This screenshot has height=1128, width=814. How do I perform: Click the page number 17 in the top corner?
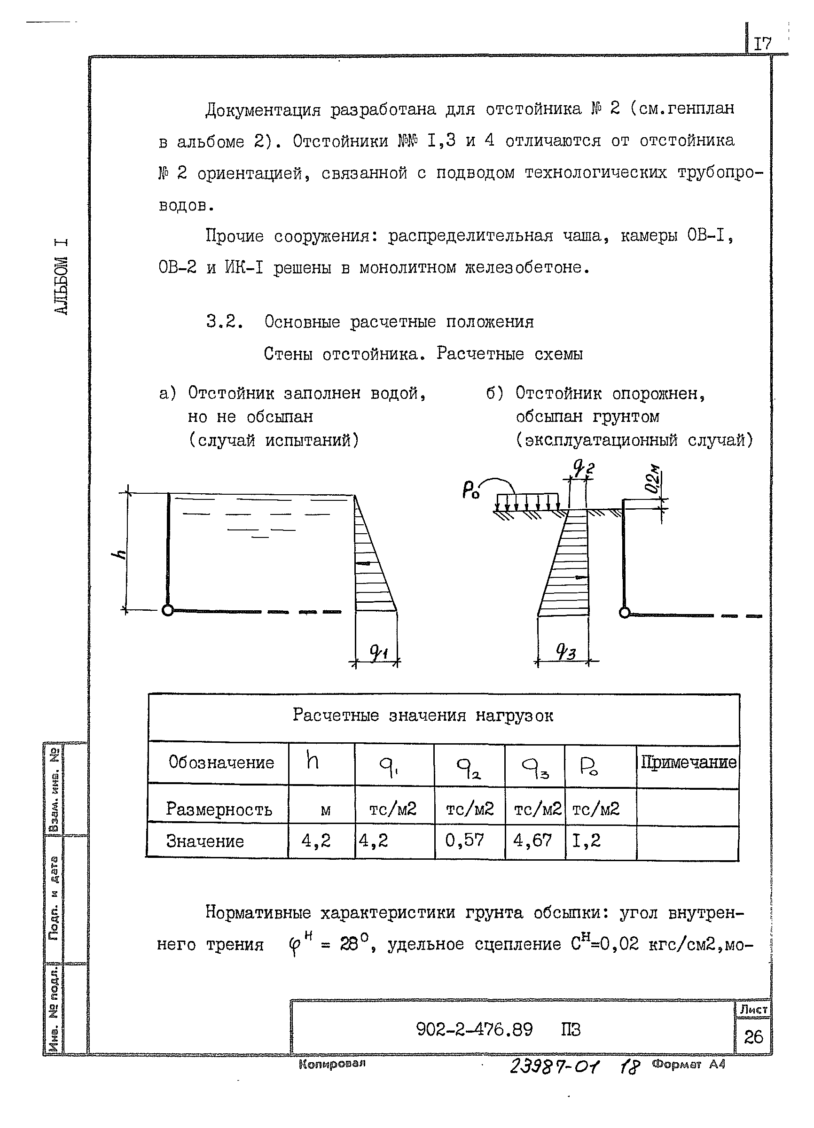pyautogui.click(x=762, y=44)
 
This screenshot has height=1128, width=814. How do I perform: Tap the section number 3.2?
pyautogui.click(x=224, y=322)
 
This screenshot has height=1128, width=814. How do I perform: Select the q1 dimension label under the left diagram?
pyautogui.click(x=379, y=652)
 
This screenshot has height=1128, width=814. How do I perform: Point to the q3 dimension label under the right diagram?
pyautogui.click(x=566, y=651)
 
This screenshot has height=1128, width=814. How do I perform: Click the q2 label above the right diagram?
pyautogui.click(x=583, y=467)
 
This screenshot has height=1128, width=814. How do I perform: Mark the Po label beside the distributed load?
pyautogui.click(x=470, y=491)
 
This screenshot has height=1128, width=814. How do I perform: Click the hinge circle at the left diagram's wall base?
pyautogui.click(x=168, y=610)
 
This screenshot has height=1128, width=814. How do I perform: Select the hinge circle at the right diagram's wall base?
pyautogui.click(x=625, y=612)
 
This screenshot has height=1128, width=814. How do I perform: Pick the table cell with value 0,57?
pyautogui.click(x=464, y=840)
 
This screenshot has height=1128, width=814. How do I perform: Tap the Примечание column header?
pyautogui.click(x=688, y=762)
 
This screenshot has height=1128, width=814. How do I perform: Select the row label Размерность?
pyautogui.click(x=219, y=809)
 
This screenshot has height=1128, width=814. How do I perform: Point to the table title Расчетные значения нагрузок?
pyautogui.click(x=423, y=715)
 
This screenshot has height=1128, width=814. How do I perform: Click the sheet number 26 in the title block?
pyautogui.click(x=753, y=1036)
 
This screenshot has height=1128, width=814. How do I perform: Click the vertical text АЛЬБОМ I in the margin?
pyautogui.click(x=61, y=277)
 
